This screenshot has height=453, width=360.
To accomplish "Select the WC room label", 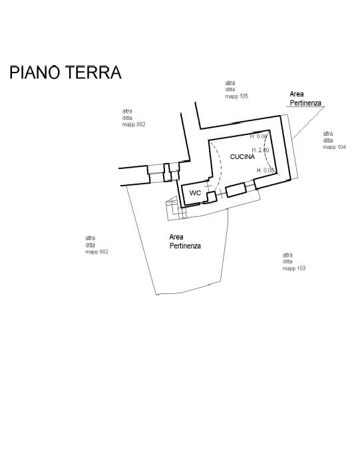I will point(195,193).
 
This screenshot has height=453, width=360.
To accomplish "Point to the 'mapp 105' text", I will point(236,96).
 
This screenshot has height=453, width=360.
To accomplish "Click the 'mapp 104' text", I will point(334,147).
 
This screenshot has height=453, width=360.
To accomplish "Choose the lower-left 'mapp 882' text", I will point(96,252).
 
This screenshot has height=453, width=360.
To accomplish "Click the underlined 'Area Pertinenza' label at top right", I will point(305,99).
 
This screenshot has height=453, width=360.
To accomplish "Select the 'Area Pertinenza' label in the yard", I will point(184,241).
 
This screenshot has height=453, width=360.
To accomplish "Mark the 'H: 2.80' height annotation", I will point(260,150).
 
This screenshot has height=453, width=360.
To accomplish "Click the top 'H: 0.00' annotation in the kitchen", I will point(259,136).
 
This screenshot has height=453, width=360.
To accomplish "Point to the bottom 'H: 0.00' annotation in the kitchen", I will point(266,170).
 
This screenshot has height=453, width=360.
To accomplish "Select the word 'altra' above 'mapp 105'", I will point(230,82).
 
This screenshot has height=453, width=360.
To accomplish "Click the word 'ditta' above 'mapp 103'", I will point(287,261).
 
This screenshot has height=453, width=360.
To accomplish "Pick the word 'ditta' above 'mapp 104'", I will point(328,140).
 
